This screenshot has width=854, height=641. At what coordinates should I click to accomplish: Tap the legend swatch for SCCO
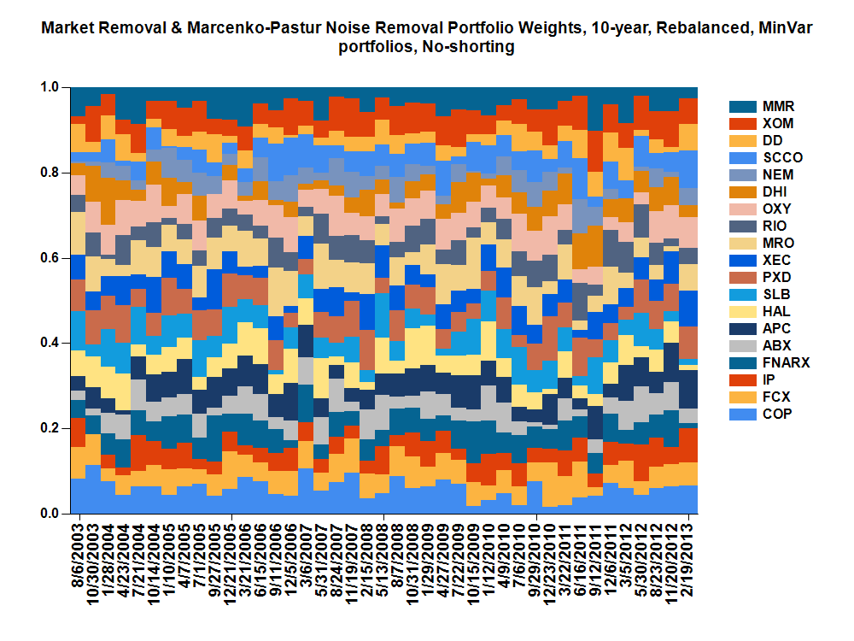click(741, 158)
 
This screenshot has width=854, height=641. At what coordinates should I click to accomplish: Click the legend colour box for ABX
click(741, 346)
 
